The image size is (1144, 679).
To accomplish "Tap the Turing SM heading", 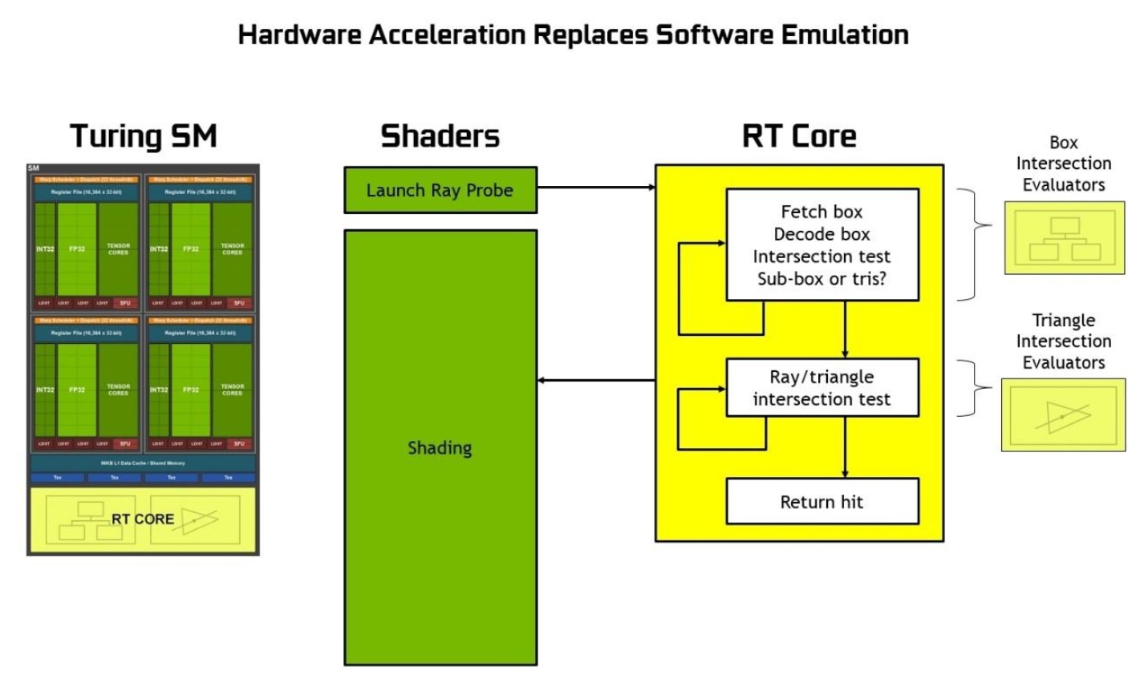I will coord(144,135).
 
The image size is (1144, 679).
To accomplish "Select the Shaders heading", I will coord(440,135).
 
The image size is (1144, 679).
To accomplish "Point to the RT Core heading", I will coord(799,135).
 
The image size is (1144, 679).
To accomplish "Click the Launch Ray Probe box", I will coord(440,190).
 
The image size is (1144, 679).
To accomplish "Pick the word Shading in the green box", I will coord(440,448).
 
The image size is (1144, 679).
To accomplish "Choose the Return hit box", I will coord(821,502).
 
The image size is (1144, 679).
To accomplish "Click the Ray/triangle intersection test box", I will coord(821,388).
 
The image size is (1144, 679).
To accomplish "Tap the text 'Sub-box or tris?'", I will coord(821,279).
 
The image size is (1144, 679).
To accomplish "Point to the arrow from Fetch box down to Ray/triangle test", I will coord(846,329).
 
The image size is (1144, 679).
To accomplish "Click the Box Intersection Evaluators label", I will coord(1064,164).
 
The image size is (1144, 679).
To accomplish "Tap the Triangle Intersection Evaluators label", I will coord(1064,342).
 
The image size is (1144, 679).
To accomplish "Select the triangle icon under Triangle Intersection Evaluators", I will coord(1063,416).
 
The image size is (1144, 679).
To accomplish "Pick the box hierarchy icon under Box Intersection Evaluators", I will coord(1065,238).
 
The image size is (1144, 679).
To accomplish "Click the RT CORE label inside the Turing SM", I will coord(143,519).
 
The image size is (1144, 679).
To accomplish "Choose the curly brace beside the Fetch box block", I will coord(972,245).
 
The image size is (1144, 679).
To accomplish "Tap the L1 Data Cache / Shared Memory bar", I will coord(143,463).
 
